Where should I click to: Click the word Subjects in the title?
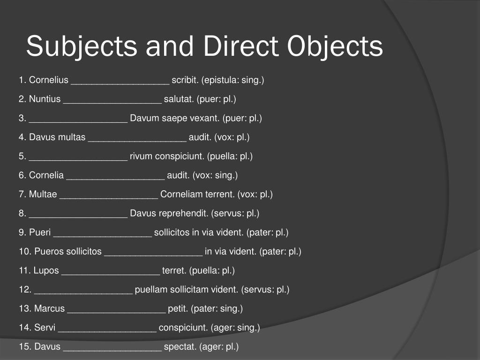82,47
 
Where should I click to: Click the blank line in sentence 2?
112,100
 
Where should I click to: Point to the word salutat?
179,99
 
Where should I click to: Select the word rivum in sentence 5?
141,156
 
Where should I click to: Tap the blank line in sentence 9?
103,233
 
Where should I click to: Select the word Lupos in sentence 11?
46,270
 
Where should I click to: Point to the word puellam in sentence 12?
151,289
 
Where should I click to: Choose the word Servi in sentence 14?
45,327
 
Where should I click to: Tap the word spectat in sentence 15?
180,347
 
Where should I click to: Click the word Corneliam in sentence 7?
180,194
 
